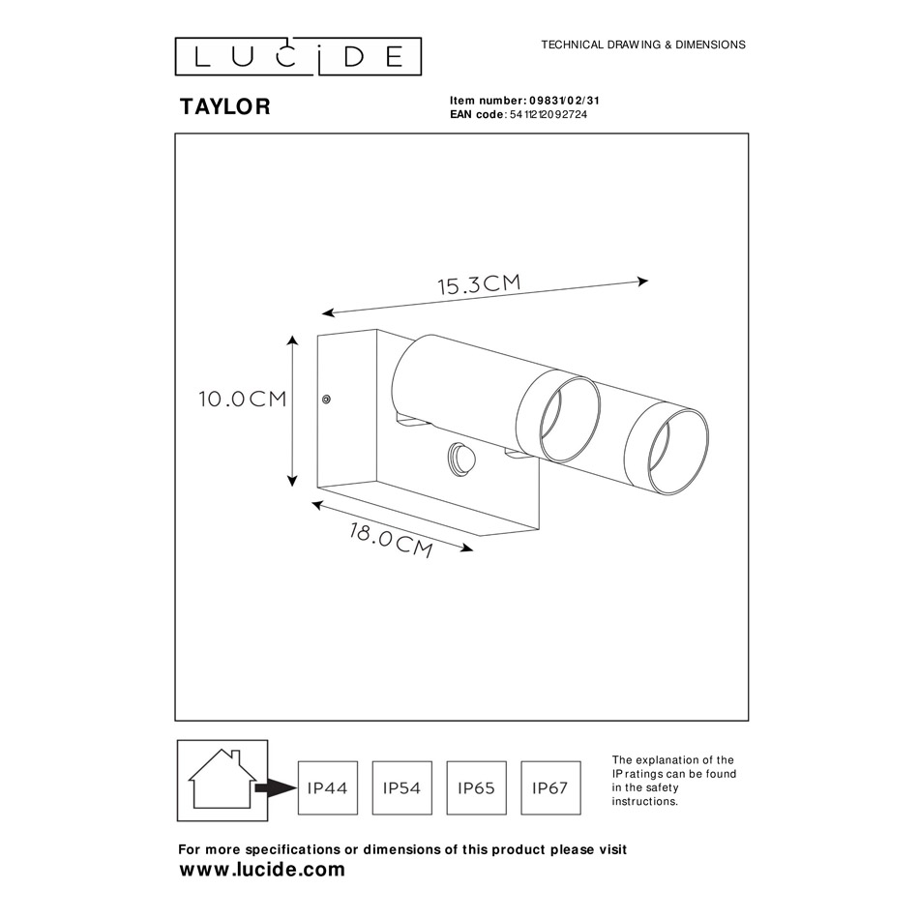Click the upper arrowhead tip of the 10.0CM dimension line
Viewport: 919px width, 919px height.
click(x=293, y=337)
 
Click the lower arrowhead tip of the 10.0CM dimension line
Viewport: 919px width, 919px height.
click(x=292, y=487)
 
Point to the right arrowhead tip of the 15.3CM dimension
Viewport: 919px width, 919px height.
click(x=648, y=281)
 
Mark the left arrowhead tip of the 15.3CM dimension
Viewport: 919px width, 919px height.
click(x=322, y=314)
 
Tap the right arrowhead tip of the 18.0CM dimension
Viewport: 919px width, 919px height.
click(x=473, y=549)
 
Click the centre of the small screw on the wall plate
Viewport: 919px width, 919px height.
click(x=326, y=400)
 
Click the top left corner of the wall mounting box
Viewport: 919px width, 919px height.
click(x=317, y=336)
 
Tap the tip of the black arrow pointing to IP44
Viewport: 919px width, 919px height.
click(x=297, y=788)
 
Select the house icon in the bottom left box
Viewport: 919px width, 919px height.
click(x=222, y=779)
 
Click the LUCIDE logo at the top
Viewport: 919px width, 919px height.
click(x=298, y=56)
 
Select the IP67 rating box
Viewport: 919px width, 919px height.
click(x=550, y=787)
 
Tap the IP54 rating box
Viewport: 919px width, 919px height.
click(x=402, y=787)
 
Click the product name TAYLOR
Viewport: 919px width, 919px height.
click(x=225, y=106)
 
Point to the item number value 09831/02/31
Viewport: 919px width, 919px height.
click(x=564, y=101)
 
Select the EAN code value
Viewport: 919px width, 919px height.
click(x=548, y=115)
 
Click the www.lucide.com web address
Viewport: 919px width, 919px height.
click(x=262, y=870)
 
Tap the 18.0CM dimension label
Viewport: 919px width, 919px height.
click(x=391, y=540)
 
